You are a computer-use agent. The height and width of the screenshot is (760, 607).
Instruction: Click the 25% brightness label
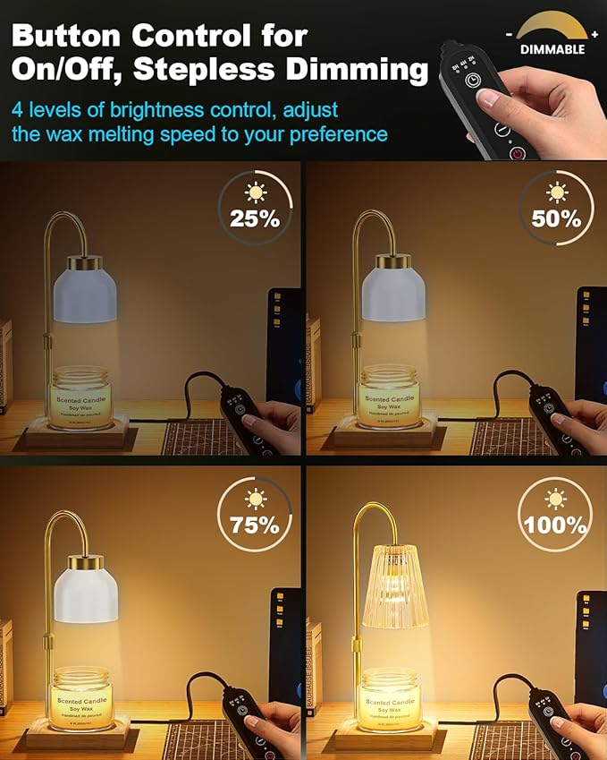pos(256,218)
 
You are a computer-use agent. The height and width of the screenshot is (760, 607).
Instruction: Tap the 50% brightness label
pos(556,218)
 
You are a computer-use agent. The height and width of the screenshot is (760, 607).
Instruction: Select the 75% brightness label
pos(256,525)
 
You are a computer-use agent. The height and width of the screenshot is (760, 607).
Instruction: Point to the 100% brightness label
pos(555,525)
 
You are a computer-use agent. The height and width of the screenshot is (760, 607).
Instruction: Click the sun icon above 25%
pos(256,191)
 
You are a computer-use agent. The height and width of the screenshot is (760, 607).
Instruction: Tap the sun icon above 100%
pos(556,498)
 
